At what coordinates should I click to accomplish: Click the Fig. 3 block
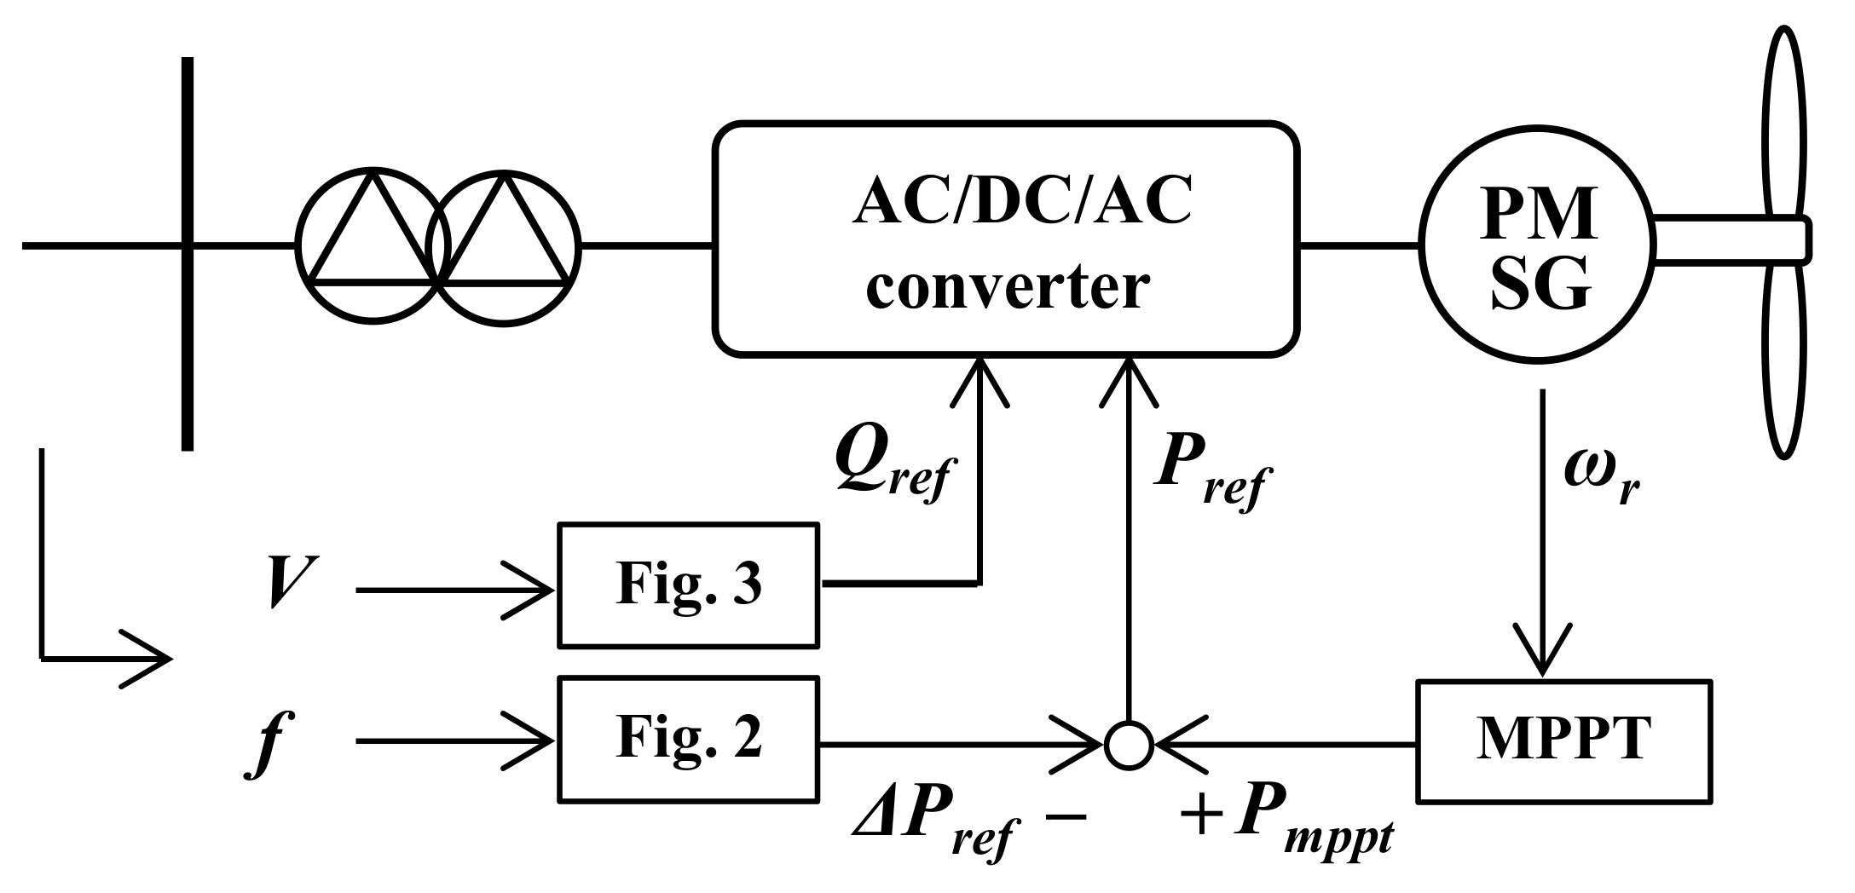[x=687, y=585]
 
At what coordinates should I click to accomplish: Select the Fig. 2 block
[x=687, y=739]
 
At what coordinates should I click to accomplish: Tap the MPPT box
[x=1563, y=740]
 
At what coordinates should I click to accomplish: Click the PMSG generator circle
[x=1538, y=245]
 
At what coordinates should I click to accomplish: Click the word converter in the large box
[x=1008, y=287]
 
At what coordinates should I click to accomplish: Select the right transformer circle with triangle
[x=503, y=247]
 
